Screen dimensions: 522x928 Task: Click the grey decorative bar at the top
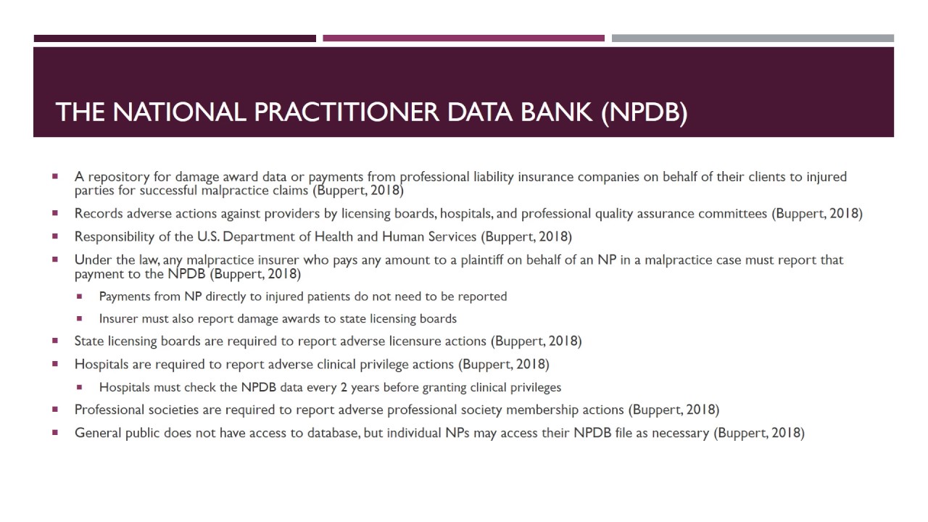coord(753,38)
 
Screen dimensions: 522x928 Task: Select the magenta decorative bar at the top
coord(463,38)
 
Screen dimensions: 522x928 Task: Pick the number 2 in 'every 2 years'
coord(343,387)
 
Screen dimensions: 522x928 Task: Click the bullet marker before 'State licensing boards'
coord(55,340)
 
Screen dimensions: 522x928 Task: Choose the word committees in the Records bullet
coord(732,213)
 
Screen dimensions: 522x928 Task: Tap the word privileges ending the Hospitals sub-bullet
coord(535,387)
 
